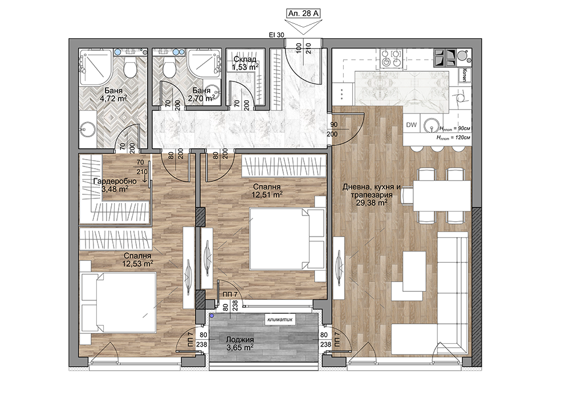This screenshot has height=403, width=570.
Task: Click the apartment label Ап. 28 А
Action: tap(304, 14)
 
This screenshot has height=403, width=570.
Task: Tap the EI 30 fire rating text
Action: tap(276, 35)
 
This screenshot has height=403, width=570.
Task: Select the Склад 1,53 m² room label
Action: tap(245, 63)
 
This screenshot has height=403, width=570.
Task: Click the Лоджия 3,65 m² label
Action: tap(240, 343)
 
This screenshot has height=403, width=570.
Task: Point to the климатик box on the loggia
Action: tap(279, 320)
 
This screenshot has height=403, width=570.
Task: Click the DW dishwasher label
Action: tap(411, 125)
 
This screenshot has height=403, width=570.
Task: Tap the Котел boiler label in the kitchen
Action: tap(465, 75)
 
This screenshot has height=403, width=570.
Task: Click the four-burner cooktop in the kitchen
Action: tap(391, 58)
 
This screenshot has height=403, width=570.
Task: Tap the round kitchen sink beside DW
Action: tap(431, 125)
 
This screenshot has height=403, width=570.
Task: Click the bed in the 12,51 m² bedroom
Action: tap(287, 238)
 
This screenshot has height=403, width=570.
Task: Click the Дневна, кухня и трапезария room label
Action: tap(371, 195)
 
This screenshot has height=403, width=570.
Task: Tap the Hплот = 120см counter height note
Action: tap(453, 138)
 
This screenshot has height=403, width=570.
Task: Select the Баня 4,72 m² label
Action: tap(113, 95)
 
